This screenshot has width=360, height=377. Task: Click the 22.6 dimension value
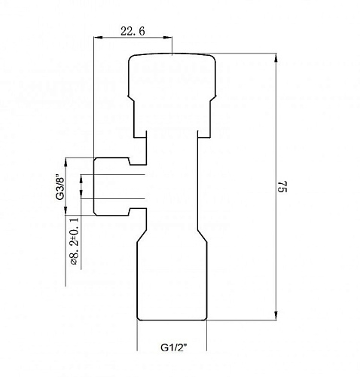133,32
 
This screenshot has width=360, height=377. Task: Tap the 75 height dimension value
282,186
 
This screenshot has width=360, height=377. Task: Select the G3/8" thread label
60,187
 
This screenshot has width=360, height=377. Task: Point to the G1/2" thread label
174,348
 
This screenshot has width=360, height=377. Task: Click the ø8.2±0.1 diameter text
75,241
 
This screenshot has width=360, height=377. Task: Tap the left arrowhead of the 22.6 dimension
99,38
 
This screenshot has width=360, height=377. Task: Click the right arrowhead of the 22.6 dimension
168,38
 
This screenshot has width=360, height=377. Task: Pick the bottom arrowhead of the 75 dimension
276,316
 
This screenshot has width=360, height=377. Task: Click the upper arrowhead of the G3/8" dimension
66,162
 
